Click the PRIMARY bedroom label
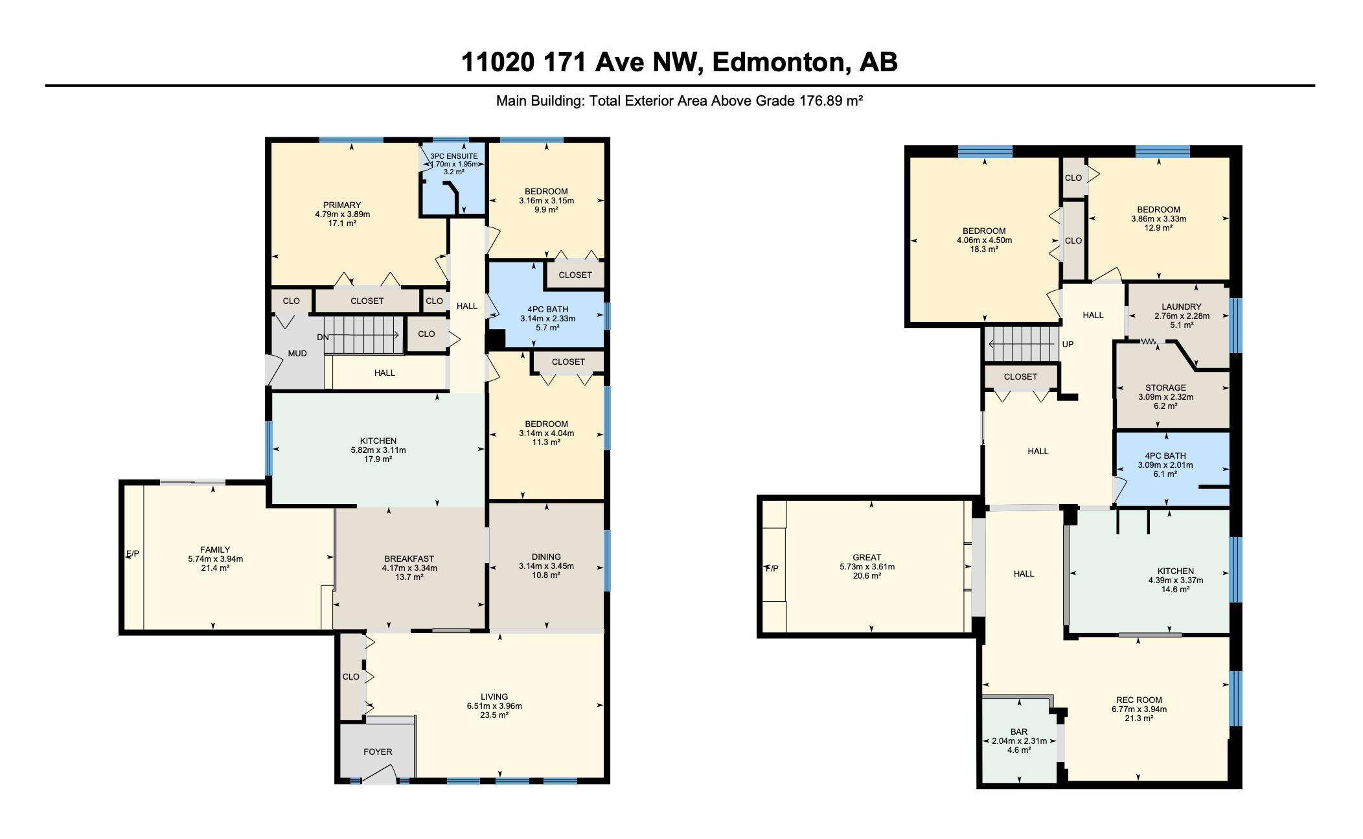(342, 205)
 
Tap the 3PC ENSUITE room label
(453, 156)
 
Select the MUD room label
(297, 353)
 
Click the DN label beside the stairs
(323, 337)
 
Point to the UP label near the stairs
(1068, 344)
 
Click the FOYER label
(378, 752)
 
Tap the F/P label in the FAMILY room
(132, 554)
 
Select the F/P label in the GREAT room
(772, 569)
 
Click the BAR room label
(1019, 732)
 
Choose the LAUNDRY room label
(1182, 307)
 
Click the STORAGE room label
(1165, 388)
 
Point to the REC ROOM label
(1139, 700)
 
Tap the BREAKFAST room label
(409, 559)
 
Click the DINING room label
(546, 557)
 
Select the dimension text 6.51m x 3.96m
(494, 706)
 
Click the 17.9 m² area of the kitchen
(378, 459)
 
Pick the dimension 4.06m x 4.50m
(984, 240)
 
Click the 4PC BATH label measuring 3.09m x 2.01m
(1165, 456)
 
